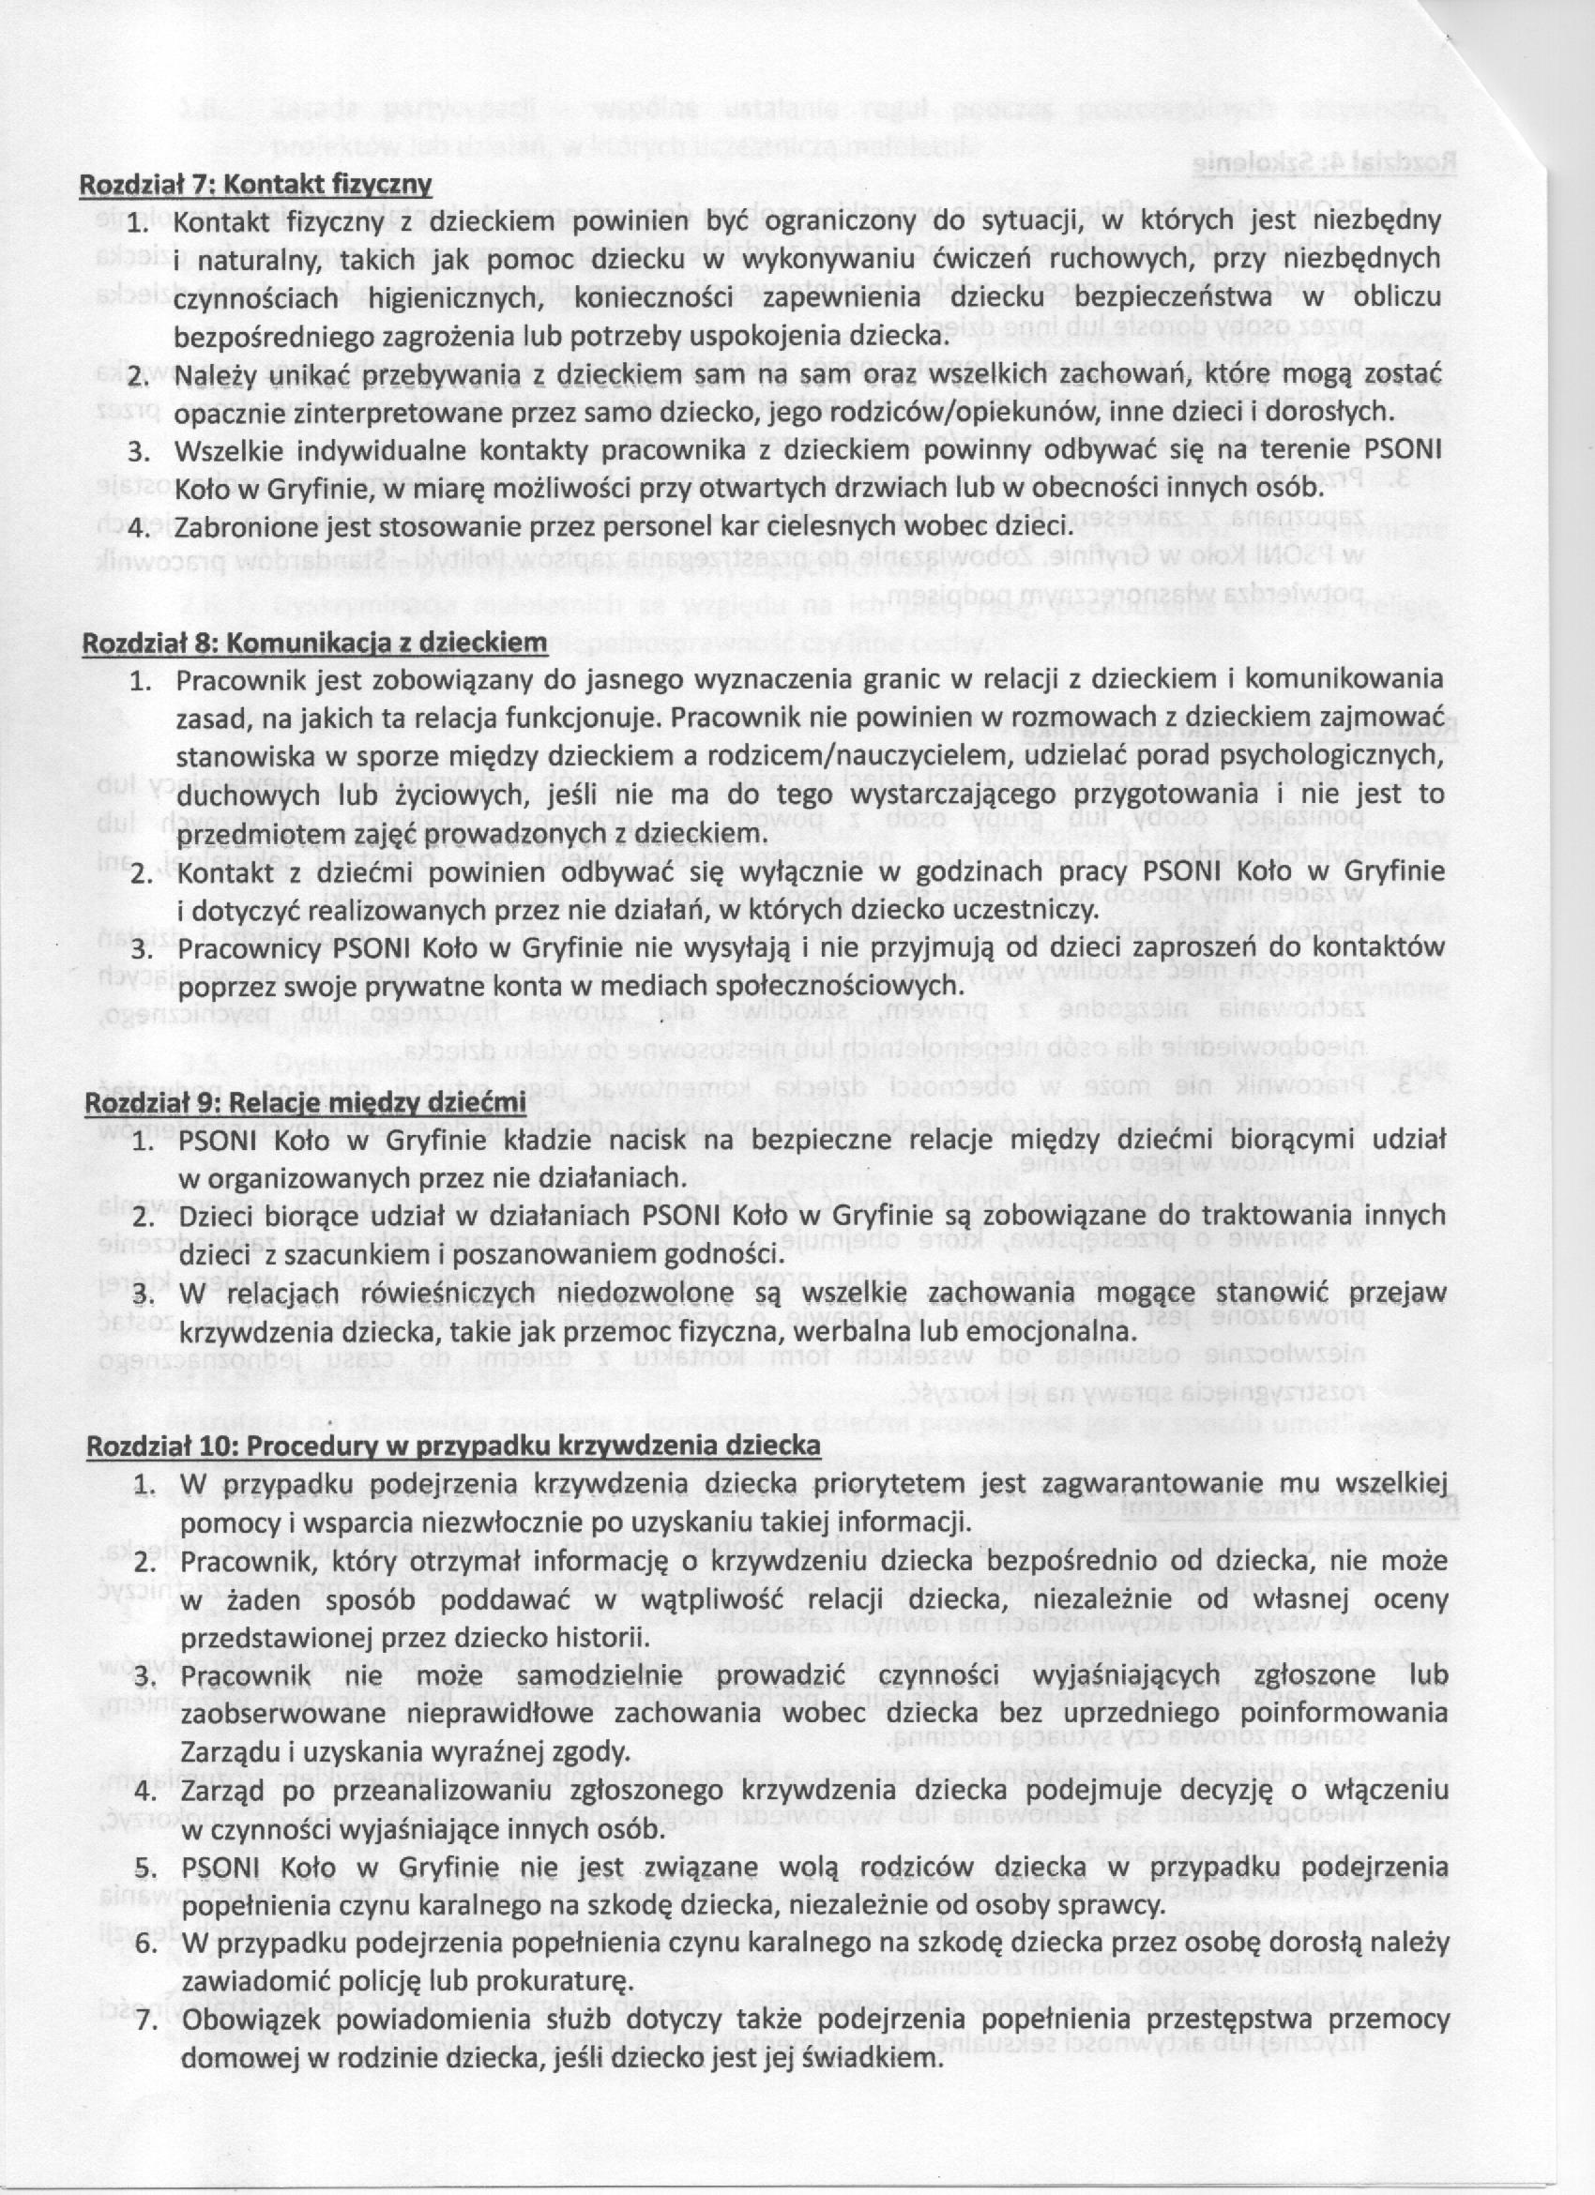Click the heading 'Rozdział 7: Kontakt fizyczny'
click(255, 183)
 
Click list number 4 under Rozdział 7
click(143, 528)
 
